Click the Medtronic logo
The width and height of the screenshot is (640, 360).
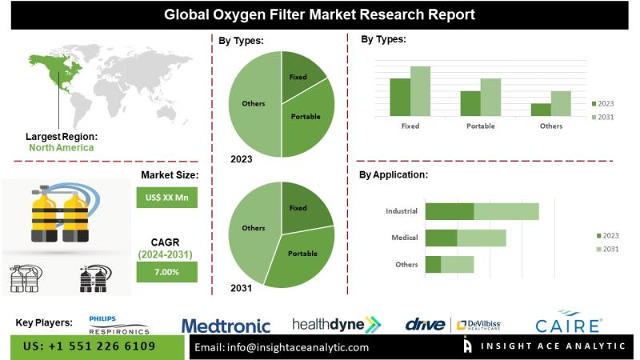click(226, 326)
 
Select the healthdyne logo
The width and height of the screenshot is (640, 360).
click(336, 324)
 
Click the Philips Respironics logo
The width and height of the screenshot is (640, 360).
click(119, 324)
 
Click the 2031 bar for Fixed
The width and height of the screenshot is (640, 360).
click(420, 91)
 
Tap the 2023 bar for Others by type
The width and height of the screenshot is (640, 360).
click(541, 110)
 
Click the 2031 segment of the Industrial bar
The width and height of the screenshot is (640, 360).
click(506, 211)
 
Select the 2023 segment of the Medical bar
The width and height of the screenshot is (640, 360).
click(441, 238)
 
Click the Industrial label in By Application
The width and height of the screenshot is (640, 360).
click(402, 211)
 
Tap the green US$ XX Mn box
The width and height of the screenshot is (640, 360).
click(166, 197)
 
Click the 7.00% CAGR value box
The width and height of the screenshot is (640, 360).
click(166, 272)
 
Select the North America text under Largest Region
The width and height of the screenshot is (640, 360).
click(61, 148)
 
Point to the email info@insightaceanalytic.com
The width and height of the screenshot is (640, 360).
click(282, 347)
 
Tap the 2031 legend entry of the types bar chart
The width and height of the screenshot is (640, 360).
click(603, 118)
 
